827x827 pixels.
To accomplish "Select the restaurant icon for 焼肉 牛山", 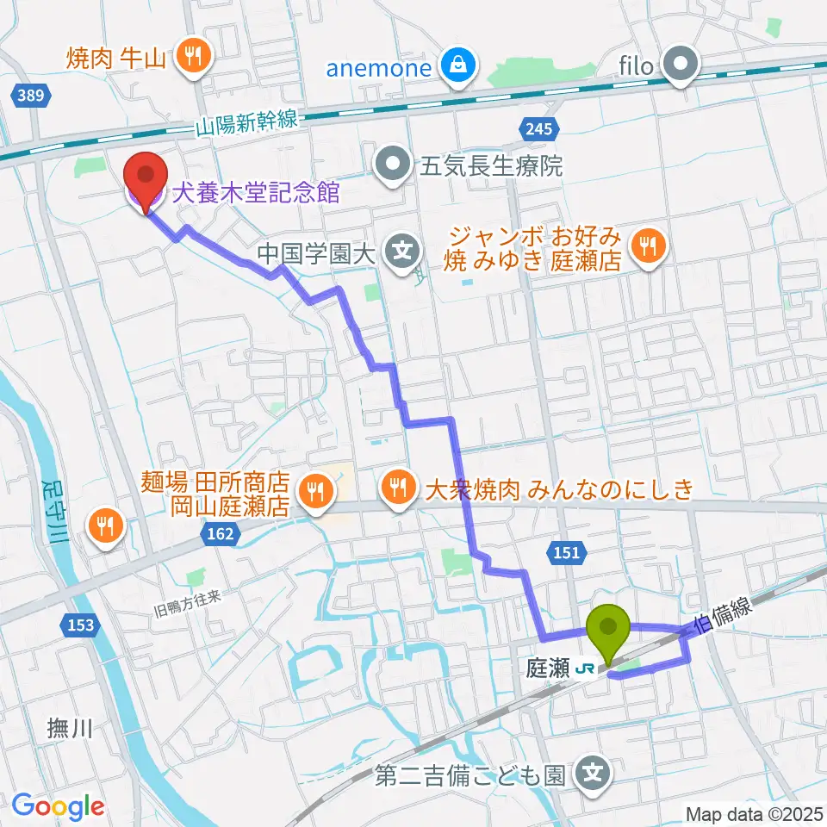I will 189,57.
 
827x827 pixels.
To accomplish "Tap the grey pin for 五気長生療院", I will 395,165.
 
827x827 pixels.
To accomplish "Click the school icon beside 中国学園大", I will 402,252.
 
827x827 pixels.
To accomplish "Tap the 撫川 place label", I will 70,730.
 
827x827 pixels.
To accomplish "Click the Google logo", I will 58,805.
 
